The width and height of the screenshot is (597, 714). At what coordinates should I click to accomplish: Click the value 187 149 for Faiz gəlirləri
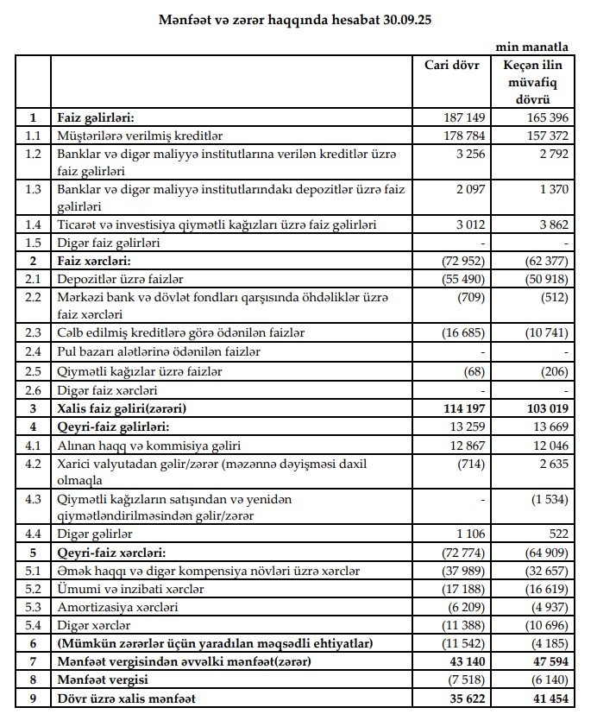(x=462, y=118)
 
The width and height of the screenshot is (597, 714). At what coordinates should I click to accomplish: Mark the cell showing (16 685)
(x=461, y=332)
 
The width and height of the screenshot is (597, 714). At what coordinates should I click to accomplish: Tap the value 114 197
(x=462, y=407)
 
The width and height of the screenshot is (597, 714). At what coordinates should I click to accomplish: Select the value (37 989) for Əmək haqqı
(x=461, y=572)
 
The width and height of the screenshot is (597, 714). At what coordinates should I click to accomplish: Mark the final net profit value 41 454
(x=545, y=696)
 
